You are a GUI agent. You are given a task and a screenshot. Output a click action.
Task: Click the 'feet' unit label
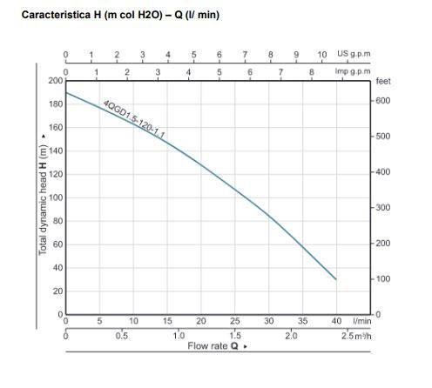[x=383, y=81]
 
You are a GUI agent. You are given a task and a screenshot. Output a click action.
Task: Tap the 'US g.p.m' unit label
[x=354, y=54]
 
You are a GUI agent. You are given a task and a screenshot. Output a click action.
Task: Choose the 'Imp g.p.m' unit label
[x=353, y=70]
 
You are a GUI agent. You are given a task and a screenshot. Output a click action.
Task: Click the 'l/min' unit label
[x=357, y=321]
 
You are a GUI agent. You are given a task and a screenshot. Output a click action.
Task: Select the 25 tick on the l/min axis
[x=235, y=321]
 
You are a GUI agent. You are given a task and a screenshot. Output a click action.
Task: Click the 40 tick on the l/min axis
[x=336, y=321]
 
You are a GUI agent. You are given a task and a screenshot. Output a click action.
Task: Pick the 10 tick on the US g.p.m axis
[x=322, y=54]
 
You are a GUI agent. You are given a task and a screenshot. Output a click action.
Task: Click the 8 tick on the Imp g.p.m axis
[x=311, y=70]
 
